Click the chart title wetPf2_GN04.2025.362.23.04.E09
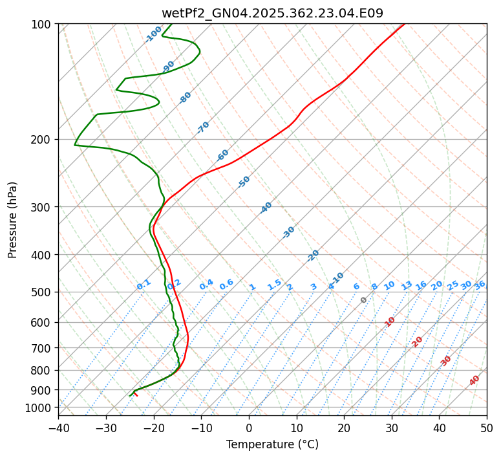(x=272, y=13)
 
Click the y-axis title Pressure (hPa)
(x=13, y=219)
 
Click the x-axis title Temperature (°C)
(x=272, y=444)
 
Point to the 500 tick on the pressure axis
(x=42, y=292)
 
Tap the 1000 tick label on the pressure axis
(x=39, y=408)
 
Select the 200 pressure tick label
(x=42, y=139)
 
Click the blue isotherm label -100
(x=154, y=34)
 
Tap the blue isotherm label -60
(x=223, y=155)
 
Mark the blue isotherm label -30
(x=289, y=232)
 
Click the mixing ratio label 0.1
(x=144, y=285)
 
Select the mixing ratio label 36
(x=480, y=285)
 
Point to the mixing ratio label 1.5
(x=274, y=285)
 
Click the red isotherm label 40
(x=474, y=380)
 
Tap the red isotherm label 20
(x=418, y=341)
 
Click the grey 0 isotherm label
(x=364, y=300)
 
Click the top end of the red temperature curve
(x=405, y=24)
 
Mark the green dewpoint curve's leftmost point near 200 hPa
(x=74, y=144)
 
